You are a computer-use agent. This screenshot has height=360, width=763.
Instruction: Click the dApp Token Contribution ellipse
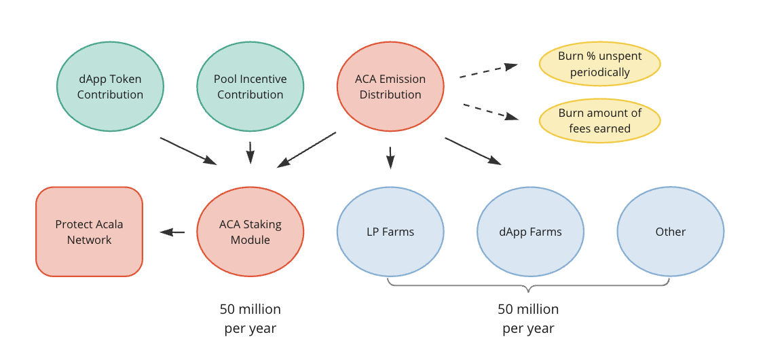(x=110, y=86)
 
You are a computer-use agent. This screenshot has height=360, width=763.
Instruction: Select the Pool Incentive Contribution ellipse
(x=250, y=86)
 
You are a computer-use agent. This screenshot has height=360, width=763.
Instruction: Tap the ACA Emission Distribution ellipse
(x=390, y=86)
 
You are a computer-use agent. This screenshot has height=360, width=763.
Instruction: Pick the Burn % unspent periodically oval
(x=599, y=64)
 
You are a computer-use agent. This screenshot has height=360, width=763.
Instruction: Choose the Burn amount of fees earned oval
(x=599, y=121)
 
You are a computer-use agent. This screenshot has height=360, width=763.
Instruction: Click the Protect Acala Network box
(x=89, y=232)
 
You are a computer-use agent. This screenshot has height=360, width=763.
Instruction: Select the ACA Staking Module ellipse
(x=250, y=232)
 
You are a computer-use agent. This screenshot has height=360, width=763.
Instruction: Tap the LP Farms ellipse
(x=390, y=232)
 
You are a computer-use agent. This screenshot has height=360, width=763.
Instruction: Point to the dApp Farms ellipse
(x=530, y=232)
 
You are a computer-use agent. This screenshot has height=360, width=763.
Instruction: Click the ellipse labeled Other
(x=670, y=232)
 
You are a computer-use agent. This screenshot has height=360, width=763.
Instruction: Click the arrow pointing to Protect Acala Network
(x=172, y=232)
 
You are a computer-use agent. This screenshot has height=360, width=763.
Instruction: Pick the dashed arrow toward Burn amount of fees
(x=490, y=111)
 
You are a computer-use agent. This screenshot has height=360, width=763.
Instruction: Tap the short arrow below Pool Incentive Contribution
(x=250, y=152)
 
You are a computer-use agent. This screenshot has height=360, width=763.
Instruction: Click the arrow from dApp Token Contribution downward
(x=188, y=151)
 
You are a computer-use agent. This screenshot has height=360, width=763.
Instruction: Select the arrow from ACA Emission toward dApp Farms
(x=473, y=151)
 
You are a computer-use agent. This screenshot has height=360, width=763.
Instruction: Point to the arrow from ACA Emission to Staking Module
(x=307, y=149)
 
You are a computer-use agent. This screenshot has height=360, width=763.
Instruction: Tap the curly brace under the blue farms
(x=529, y=285)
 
